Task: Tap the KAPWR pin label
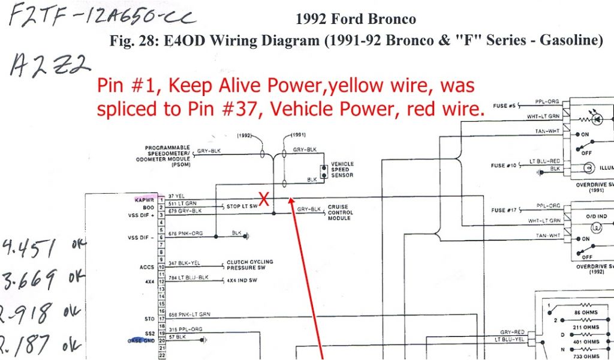click(x=145, y=199)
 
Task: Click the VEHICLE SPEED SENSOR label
click(x=342, y=170)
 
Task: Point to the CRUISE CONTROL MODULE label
click(x=340, y=212)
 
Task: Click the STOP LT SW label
click(x=242, y=206)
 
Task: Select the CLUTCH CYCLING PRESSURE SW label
click(x=249, y=265)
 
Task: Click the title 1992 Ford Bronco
click(x=356, y=19)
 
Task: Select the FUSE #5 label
click(x=504, y=106)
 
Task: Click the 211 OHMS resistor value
click(x=586, y=328)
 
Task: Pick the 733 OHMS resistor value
click(x=586, y=356)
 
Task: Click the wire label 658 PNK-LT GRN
click(x=190, y=315)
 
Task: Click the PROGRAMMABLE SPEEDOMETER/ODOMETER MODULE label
click(x=167, y=155)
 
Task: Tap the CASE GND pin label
click(x=142, y=341)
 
